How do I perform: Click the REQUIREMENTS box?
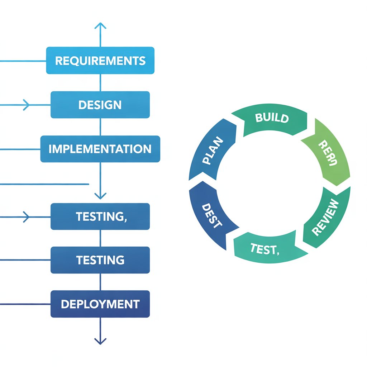pos(100,61)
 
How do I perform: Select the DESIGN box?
pos(100,105)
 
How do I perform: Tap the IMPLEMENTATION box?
pos(100,149)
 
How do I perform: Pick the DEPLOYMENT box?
pos(100,304)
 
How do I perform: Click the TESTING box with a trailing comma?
pos(100,216)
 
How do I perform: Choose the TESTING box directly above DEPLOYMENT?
pos(100,260)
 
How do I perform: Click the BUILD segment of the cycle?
pos(272,119)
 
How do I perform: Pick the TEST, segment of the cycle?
pos(265,248)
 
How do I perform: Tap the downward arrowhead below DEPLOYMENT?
pos(100,340)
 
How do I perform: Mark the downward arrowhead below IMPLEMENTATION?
pos(100,196)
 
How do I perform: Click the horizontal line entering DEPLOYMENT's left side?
pos(25,304)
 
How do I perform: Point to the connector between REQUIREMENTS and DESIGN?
pos(100,83)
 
